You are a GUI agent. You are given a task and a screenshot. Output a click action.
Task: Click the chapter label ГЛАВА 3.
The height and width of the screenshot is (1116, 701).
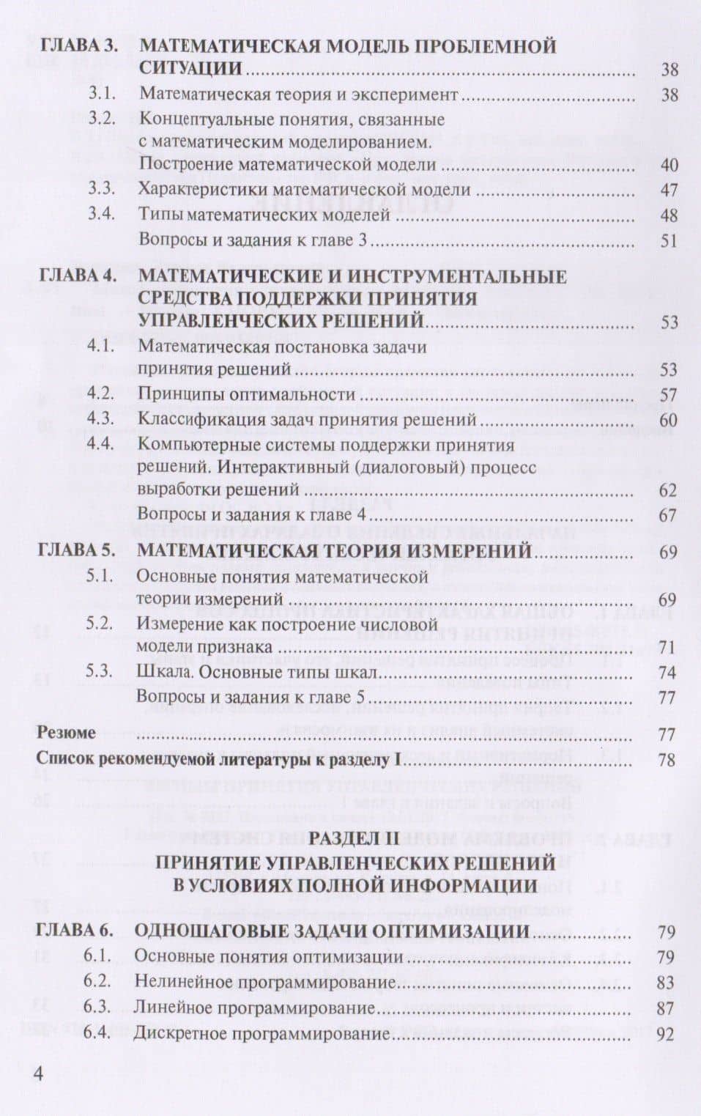[78, 45]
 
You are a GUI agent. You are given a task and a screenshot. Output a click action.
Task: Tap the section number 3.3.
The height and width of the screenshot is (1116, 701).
[102, 188]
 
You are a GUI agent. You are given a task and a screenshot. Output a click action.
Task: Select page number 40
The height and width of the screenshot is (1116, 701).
[669, 165]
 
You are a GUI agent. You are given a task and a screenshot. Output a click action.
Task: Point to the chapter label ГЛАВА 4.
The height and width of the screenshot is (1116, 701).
[78, 276]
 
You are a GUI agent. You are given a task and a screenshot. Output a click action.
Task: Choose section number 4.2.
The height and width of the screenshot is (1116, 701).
[100, 393]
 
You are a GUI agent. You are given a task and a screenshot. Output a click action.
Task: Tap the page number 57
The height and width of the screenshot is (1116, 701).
[668, 395]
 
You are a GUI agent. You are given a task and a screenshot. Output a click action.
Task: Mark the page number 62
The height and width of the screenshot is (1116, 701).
[667, 490]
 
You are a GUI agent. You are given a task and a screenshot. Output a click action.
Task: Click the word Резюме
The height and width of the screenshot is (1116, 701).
[66, 733]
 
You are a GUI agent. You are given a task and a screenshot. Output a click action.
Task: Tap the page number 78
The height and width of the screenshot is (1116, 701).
[666, 760]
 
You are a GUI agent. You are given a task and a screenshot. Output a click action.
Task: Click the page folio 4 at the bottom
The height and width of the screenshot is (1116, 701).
[39, 1074]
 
